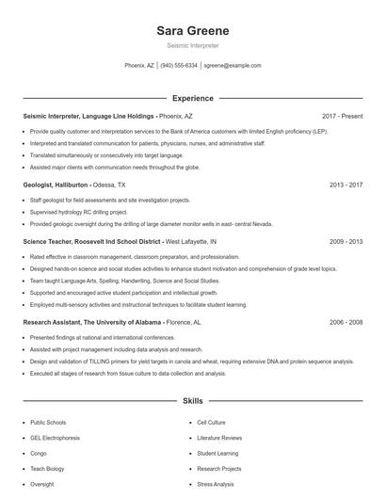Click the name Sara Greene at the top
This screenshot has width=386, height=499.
pyautogui.click(x=192, y=31)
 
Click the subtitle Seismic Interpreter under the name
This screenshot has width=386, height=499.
pyautogui.click(x=192, y=45)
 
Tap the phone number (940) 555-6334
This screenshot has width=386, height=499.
pyautogui.click(x=179, y=66)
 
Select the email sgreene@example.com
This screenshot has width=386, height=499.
pyautogui.click(x=233, y=66)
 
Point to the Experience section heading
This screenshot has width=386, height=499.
pyautogui.click(x=192, y=98)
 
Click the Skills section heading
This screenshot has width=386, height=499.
pyautogui.click(x=192, y=401)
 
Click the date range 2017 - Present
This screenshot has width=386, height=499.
pyautogui.click(x=342, y=116)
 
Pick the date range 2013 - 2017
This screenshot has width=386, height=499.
pyautogui.click(x=346, y=185)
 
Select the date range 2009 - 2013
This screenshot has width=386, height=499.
pyautogui.click(x=346, y=242)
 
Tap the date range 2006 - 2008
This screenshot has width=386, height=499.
pyautogui.click(x=346, y=322)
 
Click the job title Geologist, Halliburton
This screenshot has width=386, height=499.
pyautogui.click(x=56, y=185)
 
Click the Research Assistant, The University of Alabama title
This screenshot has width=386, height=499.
pyautogui.click(x=92, y=322)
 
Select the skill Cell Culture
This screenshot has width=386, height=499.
pyautogui.click(x=211, y=423)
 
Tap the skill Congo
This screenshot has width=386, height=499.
pyautogui.click(x=39, y=453)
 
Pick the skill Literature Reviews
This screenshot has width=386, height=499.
pyautogui.click(x=219, y=438)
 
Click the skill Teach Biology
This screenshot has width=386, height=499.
pyautogui.click(x=47, y=469)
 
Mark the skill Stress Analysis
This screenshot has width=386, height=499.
pyautogui.click(x=216, y=484)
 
